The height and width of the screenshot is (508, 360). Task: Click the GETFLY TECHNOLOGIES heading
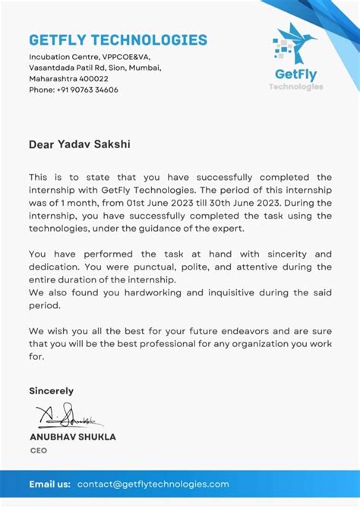tap(118, 40)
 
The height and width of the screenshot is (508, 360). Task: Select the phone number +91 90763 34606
tap(87, 90)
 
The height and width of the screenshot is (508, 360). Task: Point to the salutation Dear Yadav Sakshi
tap(74, 142)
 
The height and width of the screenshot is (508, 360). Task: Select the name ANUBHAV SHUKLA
tap(73, 437)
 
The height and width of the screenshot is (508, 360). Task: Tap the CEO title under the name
tap(38, 450)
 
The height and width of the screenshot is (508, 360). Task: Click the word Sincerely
tap(52, 391)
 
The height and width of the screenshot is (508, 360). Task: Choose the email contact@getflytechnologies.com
tap(153, 484)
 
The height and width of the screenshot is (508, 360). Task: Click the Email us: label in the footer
tap(50, 484)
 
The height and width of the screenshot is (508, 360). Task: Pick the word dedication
tap(57, 267)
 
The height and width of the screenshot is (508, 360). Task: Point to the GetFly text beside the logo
tap(296, 74)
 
